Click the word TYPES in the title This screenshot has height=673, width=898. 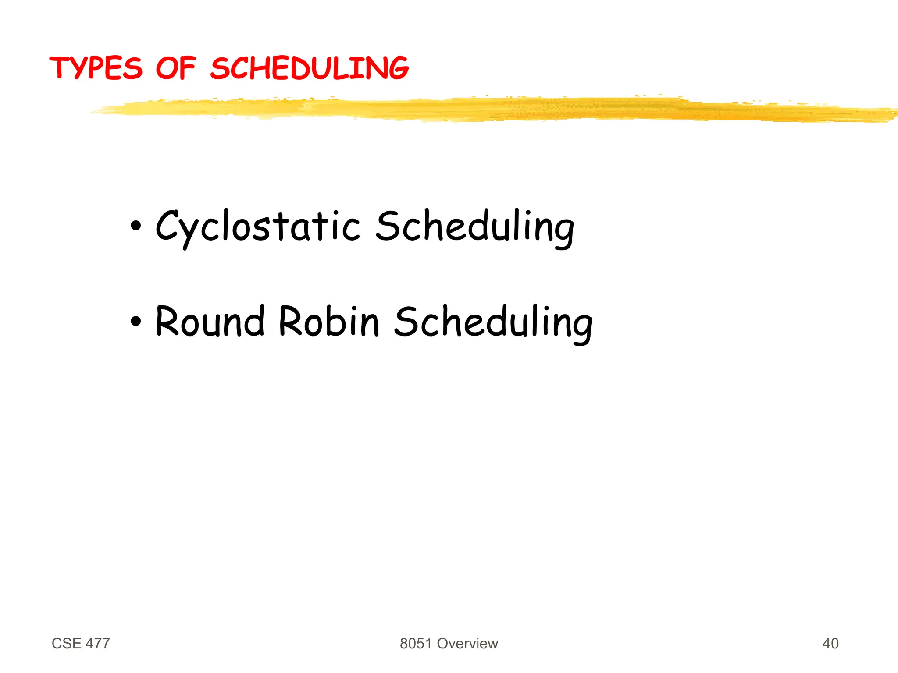(96, 68)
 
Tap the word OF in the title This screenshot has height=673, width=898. (175, 68)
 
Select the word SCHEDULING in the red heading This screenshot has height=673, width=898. (309, 68)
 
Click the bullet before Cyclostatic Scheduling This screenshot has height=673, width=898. (136, 226)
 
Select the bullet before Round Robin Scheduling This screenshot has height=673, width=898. (136, 321)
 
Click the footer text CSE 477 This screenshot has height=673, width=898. (81, 643)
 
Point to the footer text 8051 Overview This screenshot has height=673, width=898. (449, 643)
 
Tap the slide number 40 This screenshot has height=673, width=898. (830, 643)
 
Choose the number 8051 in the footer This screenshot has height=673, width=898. (416, 643)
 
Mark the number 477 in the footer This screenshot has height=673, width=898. (98, 643)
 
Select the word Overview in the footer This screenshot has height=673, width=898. (467, 643)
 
